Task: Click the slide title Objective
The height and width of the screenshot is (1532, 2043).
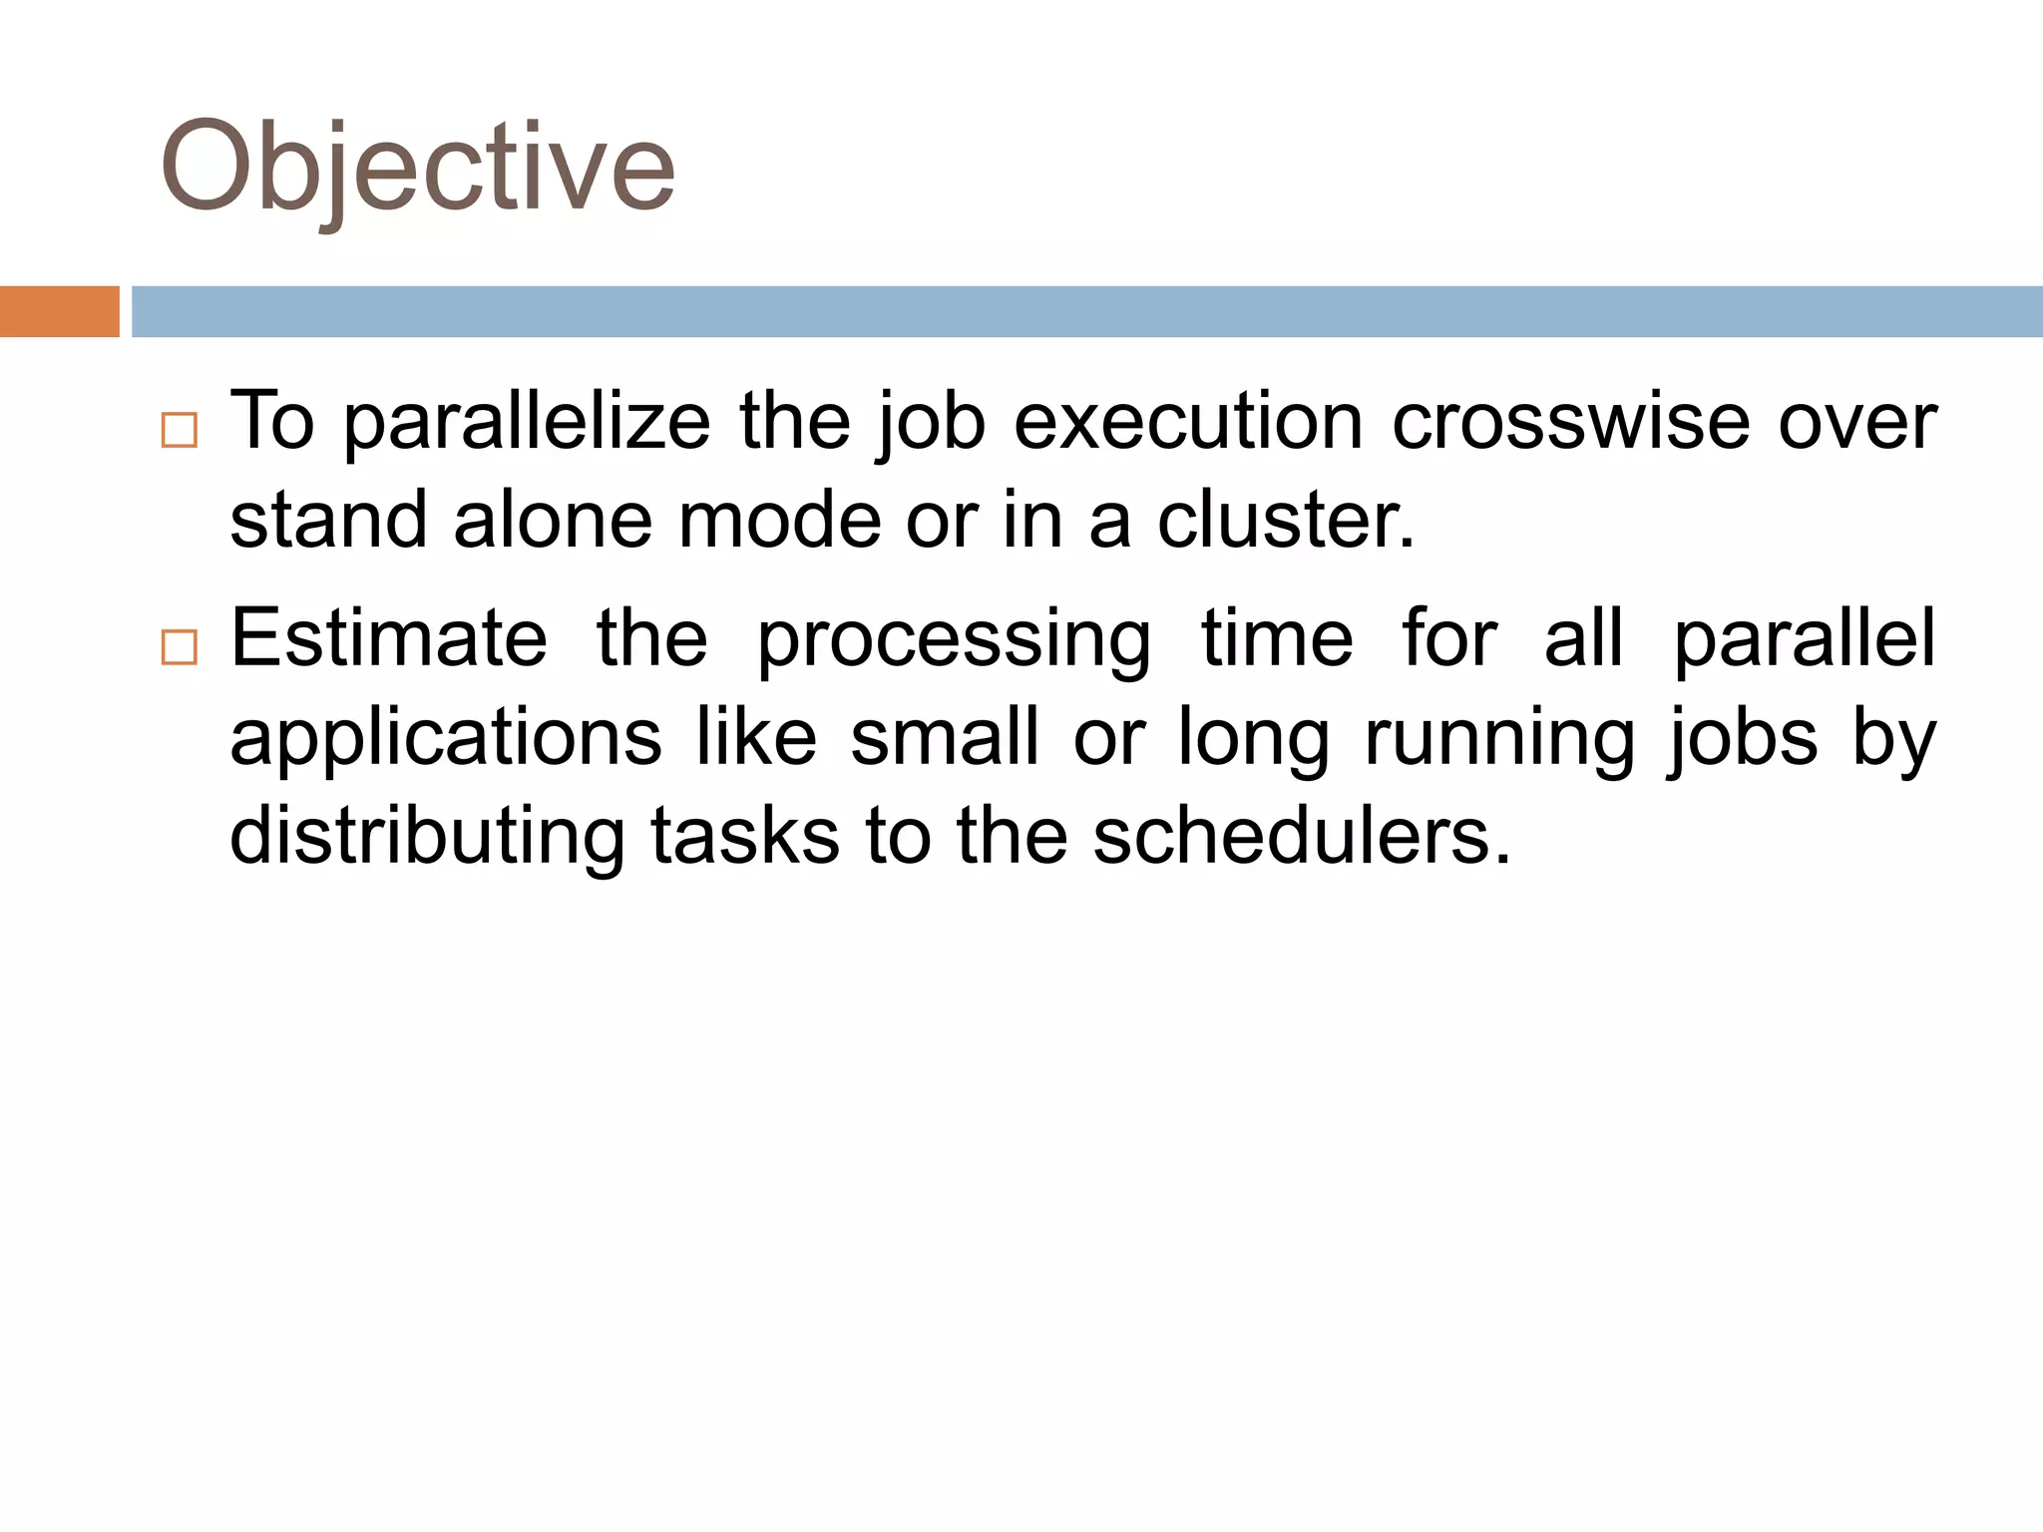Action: click(417, 168)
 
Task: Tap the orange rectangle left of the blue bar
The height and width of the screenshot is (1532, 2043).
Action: click(59, 311)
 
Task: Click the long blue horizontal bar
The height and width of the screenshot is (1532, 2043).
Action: click(1086, 311)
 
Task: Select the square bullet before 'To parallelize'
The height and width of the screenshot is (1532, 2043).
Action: click(180, 430)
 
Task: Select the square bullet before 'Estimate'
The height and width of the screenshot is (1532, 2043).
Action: click(180, 647)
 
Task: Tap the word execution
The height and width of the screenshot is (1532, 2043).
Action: click(1188, 422)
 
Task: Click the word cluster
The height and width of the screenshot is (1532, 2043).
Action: click(1285, 521)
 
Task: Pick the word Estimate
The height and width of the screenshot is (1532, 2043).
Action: click(389, 638)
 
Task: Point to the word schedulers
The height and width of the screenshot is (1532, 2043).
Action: click(1301, 836)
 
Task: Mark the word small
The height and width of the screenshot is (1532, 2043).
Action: click(944, 738)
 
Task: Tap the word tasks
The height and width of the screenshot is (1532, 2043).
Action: click(745, 836)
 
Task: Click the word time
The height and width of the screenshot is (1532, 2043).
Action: click(1277, 638)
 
